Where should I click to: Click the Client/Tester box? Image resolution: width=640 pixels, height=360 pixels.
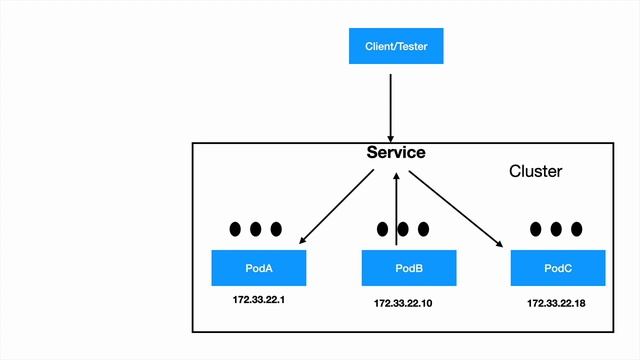click(x=395, y=46)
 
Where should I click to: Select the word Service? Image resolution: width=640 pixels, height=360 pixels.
click(x=396, y=153)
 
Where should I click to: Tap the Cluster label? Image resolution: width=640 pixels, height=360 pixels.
click(x=536, y=171)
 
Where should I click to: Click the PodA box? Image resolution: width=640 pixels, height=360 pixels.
click(x=259, y=268)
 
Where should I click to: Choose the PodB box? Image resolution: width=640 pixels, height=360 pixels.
click(x=408, y=268)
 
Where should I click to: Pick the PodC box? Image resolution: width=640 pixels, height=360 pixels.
click(x=557, y=268)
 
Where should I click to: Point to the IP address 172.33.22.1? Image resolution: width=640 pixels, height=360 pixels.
click(x=259, y=300)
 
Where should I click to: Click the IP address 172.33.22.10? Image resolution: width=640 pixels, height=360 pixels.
click(x=408, y=302)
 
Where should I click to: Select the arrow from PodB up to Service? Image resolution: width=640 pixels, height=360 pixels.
click(x=397, y=205)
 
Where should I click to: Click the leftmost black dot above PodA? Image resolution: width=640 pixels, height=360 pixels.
click(x=236, y=229)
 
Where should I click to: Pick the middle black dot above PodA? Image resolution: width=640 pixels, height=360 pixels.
click(x=256, y=229)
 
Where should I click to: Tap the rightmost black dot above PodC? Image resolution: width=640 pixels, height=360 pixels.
click(x=576, y=229)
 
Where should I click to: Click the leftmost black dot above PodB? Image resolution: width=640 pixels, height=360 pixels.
click(x=384, y=229)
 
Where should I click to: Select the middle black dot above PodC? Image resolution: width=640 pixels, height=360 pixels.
click(x=556, y=229)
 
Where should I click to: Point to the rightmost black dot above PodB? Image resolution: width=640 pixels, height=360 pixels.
click(x=424, y=229)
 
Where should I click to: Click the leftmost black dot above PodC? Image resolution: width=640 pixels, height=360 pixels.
click(x=536, y=229)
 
